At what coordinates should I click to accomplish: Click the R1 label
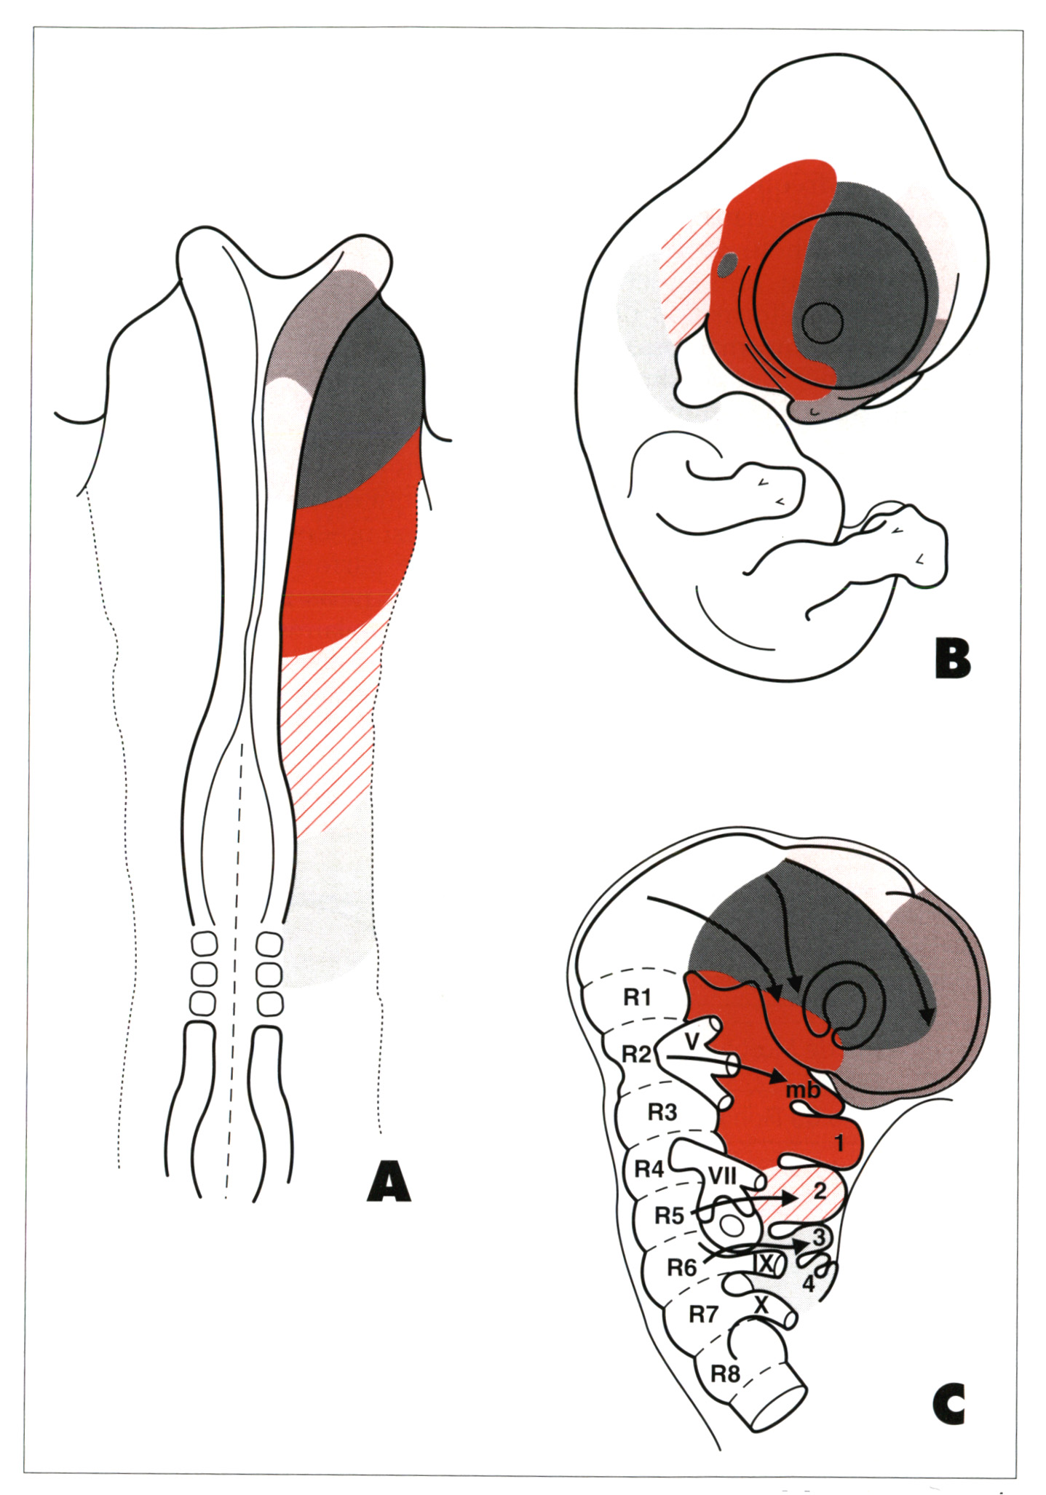click(637, 997)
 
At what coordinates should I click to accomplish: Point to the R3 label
click(662, 1112)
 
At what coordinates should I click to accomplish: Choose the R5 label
click(669, 1216)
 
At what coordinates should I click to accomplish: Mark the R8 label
click(725, 1373)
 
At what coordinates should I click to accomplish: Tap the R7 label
click(703, 1314)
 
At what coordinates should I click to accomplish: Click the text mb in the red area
click(803, 1090)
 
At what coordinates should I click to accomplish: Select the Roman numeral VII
click(722, 1175)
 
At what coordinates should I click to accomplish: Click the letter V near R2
click(692, 1042)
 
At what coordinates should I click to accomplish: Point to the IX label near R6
click(765, 1263)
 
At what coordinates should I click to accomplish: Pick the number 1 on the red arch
click(839, 1143)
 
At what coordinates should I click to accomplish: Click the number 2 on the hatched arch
click(819, 1191)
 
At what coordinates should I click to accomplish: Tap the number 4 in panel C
click(808, 1284)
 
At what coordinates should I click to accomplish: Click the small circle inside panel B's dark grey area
click(822, 321)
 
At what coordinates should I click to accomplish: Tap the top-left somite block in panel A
click(204, 945)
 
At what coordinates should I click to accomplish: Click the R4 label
click(649, 1169)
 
